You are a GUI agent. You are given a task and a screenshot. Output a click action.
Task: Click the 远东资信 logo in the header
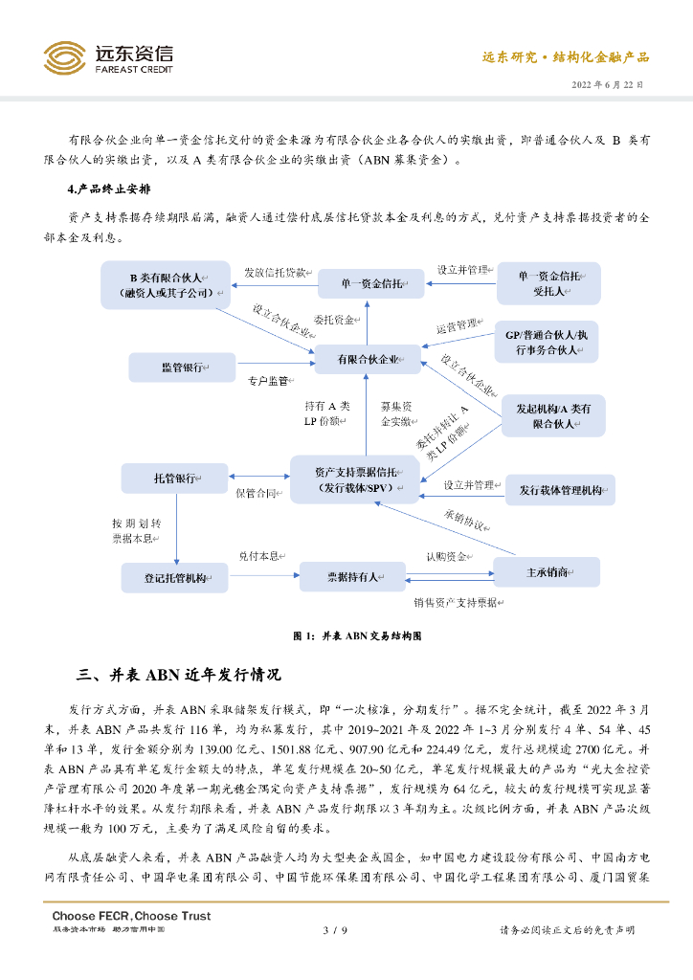(x=108, y=58)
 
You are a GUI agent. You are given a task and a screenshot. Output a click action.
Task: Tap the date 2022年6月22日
(x=608, y=85)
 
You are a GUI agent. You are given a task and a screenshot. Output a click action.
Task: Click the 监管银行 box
(x=182, y=367)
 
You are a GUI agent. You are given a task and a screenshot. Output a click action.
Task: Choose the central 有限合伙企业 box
(x=369, y=360)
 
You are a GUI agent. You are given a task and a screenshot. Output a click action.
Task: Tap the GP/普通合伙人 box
(x=547, y=342)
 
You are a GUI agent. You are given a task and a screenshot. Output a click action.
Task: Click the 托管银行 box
(x=175, y=478)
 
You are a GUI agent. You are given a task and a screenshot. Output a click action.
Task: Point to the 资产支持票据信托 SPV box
(x=354, y=479)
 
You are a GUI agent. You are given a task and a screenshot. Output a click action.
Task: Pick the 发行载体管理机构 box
(x=560, y=489)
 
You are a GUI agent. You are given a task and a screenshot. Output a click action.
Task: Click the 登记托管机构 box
(x=175, y=577)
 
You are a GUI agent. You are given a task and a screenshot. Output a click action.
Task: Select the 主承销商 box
(x=547, y=572)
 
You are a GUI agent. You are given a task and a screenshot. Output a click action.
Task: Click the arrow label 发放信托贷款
(x=275, y=272)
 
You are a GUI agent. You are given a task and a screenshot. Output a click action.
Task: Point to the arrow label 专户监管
(x=268, y=381)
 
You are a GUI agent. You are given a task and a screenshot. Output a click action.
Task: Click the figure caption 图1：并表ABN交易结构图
(x=357, y=635)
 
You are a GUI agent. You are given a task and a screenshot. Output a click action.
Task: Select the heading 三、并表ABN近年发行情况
(x=179, y=676)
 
